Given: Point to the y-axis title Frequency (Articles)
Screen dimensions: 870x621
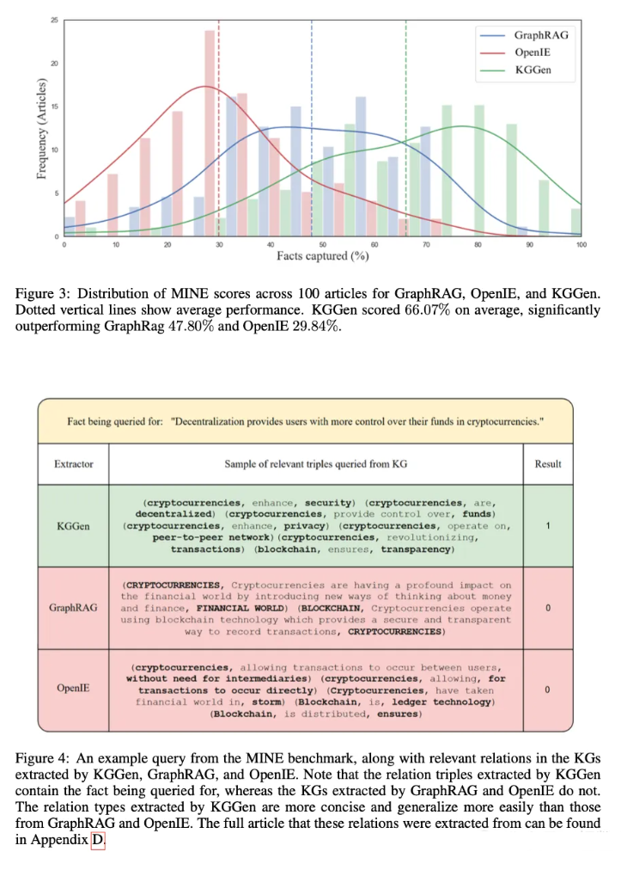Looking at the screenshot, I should pyautogui.click(x=40, y=129).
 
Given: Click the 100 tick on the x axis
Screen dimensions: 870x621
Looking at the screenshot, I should pyautogui.click(x=581, y=245).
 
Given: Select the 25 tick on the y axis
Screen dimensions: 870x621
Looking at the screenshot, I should pyautogui.click(x=55, y=20).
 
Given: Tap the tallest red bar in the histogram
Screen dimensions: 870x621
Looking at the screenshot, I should pyautogui.click(x=209, y=129).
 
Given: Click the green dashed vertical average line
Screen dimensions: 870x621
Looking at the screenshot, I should pyautogui.click(x=405, y=129).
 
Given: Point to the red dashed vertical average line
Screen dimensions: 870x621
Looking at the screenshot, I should pyautogui.click(x=219, y=129).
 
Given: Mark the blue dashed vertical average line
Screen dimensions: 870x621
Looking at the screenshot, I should pyautogui.click(x=311, y=129).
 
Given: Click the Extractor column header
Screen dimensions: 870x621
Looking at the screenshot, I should pyautogui.click(x=75, y=464).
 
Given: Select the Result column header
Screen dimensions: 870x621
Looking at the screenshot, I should pyautogui.click(x=547, y=464).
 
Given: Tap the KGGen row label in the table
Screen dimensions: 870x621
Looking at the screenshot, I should pyautogui.click(x=75, y=526).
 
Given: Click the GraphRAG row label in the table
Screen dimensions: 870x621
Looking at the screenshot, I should pyautogui.click(x=75, y=608).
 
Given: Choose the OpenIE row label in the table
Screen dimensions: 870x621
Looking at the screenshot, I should pyautogui.click(x=75, y=689).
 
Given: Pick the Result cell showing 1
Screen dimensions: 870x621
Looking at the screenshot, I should pyautogui.click(x=547, y=526).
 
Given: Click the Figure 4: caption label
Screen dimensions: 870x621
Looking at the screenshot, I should pyautogui.click(x=43, y=759).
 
